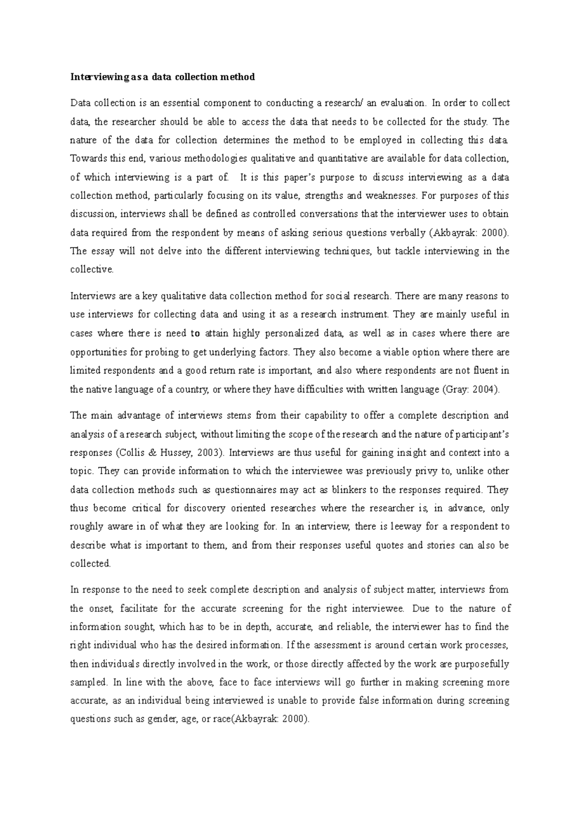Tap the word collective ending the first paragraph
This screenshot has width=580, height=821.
click(91, 270)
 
